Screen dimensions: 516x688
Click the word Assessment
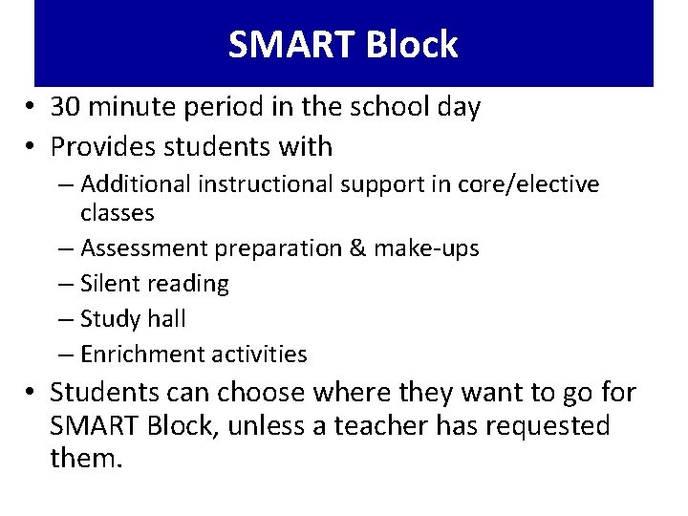coord(144,248)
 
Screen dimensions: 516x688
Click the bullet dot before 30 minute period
coord(32,108)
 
